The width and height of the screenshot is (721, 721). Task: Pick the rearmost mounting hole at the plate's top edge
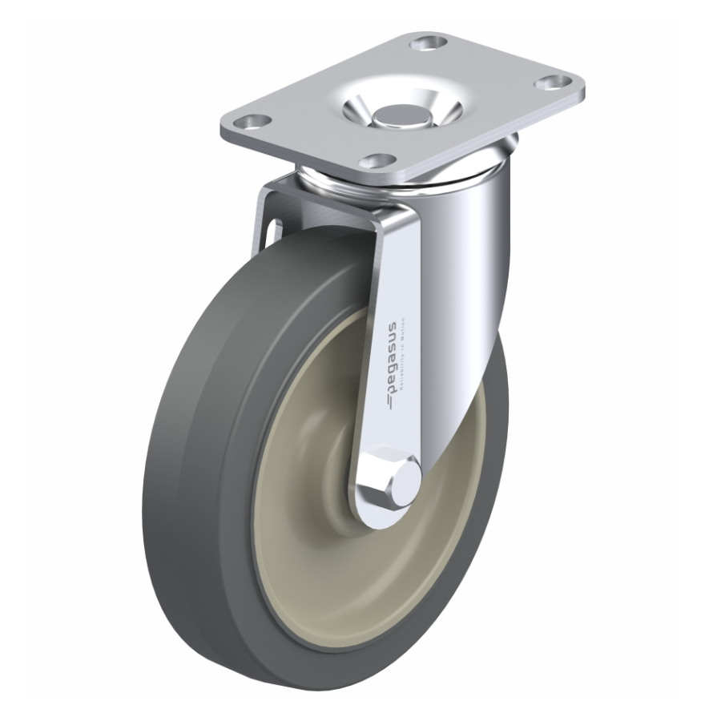click(428, 41)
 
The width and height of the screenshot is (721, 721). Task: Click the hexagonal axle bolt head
click(388, 480)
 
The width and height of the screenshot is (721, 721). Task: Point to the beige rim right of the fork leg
click(473, 449)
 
